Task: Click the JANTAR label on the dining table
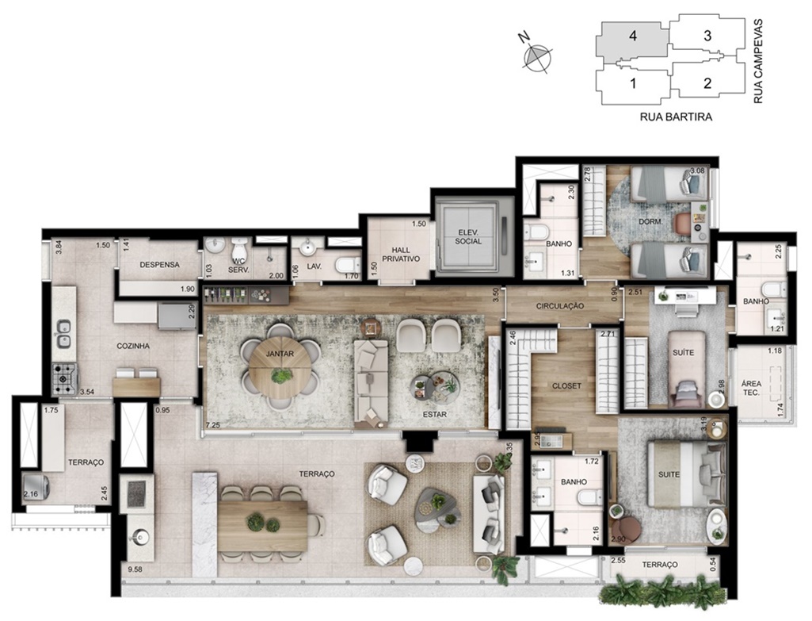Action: click(x=280, y=355)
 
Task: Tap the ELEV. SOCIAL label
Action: click(x=468, y=237)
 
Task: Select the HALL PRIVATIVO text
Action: click(x=401, y=255)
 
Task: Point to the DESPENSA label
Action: click(x=159, y=265)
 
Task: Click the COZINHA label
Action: click(x=133, y=346)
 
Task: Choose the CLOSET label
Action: click(x=566, y=386)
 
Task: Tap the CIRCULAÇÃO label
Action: click(x=560, y=306)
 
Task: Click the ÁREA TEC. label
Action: click(x=752, y=389)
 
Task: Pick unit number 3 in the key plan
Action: click(x=707, y=36)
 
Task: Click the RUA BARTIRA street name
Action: click(x=676, y=117)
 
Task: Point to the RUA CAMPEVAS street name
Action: click(x=758, y=61)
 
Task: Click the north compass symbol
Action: click(x=536, y=55)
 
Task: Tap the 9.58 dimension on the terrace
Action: click(x=135, y=569)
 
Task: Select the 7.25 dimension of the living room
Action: click(x=213, y=425)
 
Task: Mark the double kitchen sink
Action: click(x=63, y=335)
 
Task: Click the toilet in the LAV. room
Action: click(x=348, y=266)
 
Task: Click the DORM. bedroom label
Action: click(x=650, y=222)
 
